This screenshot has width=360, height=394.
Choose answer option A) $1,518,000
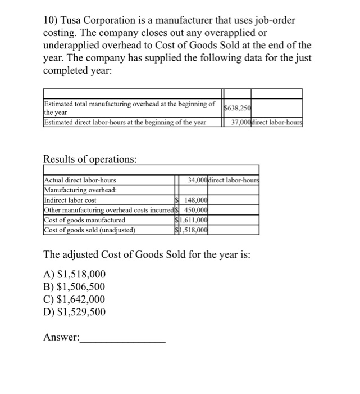[x=74, y=275]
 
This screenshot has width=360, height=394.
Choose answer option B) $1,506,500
[x=74, y=287]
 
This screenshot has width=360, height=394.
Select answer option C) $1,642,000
[x=74, y=299]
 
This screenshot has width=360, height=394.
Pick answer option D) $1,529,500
[x=74, y=312]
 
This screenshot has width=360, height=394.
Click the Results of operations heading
[x=90, y=159]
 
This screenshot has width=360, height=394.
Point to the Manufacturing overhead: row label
[x=80, y=190]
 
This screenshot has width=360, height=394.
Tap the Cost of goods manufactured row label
[x=85, y=220]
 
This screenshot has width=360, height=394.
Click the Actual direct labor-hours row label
[x=80, y=180]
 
